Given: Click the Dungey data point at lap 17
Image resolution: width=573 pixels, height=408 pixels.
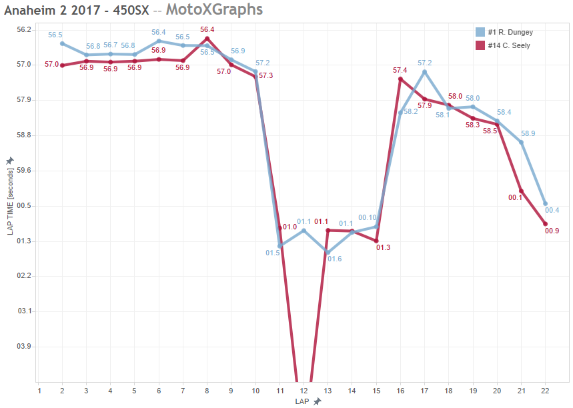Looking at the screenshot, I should click(424, 72).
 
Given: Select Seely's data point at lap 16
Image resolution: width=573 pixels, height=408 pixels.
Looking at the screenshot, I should click(400, 79).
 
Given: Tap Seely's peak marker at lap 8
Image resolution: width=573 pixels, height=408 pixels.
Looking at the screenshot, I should click(207, 39).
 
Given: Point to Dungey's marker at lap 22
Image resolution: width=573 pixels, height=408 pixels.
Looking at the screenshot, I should click(546, 204).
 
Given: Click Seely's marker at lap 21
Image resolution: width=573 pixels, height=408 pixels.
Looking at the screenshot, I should click(521, 191).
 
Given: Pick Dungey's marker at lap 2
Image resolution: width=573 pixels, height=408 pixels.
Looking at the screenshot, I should click(62, 44).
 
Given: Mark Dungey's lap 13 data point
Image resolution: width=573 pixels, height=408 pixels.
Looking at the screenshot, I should click(328, 253).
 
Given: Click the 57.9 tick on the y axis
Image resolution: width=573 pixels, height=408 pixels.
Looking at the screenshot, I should click(24, 100).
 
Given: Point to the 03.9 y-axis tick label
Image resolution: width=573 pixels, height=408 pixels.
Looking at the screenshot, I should click(24, 347).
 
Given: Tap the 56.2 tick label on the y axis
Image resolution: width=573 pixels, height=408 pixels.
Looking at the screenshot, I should click(24, 30).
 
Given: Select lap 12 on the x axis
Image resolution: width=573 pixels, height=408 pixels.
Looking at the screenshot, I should click(304, 391).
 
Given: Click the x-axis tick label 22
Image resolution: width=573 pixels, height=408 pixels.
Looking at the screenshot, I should click(546, 391).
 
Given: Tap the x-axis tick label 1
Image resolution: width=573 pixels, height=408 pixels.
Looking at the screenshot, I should click(39, 391).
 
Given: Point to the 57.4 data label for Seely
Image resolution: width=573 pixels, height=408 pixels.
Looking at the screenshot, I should click(400, 70).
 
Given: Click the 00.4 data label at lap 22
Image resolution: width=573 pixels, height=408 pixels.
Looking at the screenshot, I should click(553, 211).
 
